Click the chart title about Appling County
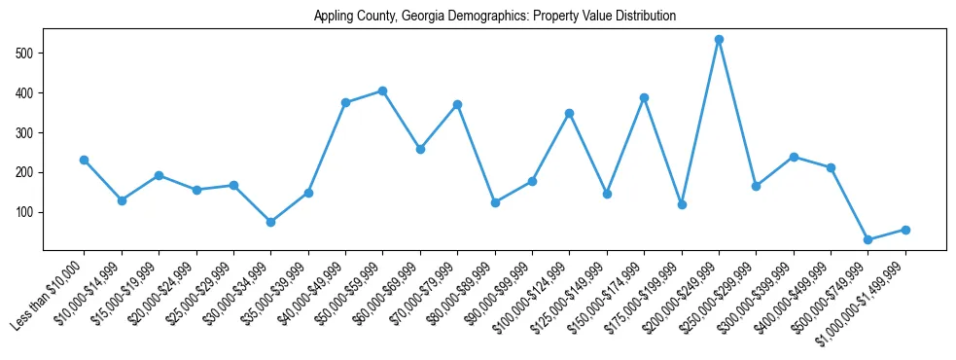pos(494,17)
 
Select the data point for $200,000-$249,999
pos(719,40)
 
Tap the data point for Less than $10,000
pos(85,160)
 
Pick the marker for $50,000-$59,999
pos(383,91)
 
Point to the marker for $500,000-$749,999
pos(867,239)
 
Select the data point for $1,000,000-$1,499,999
pos(905,230)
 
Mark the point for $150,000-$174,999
pos(644,97)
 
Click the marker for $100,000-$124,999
pos(569,113)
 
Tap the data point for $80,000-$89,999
pos(495,202)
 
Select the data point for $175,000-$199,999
pos(682,204)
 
